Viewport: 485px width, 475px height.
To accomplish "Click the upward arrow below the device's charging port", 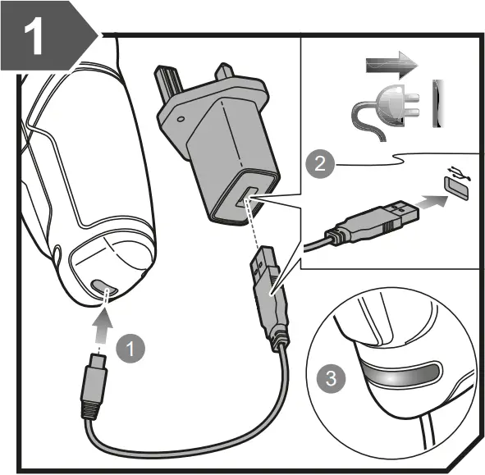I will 100,323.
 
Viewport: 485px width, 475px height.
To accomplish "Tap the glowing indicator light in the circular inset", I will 395,373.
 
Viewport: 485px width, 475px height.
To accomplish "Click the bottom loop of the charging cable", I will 189,442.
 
